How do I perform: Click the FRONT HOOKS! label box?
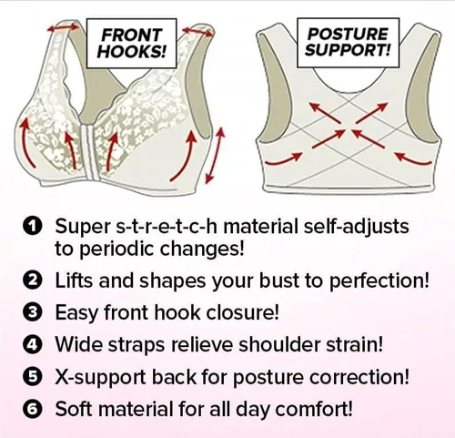[131, 43]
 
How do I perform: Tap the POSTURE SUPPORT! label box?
[348, 42]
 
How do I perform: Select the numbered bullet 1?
[32, 227]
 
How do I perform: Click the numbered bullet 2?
[32, 280]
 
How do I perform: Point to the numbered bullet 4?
[32, 345]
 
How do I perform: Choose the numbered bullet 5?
[32, 377]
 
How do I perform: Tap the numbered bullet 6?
[32, 409]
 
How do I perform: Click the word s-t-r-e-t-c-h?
[167, 226]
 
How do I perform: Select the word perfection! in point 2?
[379, 281]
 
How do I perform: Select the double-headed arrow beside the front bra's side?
[215, 156]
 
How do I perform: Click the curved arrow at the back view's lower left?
[284, 159]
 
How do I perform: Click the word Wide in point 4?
[80, 344]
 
